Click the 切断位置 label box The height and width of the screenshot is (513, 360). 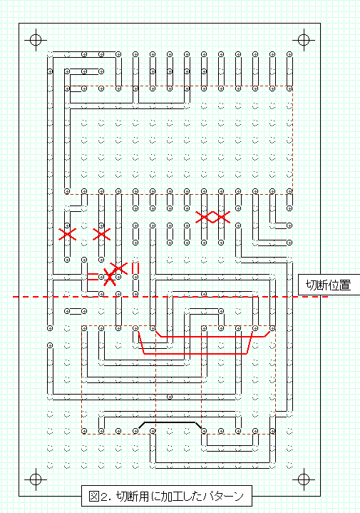[x=329, y=285]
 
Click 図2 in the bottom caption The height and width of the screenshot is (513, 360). [x=98, y=497]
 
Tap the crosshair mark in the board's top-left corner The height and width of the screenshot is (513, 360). [x=36, y=40]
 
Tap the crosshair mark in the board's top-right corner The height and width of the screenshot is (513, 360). [x=304, y=40]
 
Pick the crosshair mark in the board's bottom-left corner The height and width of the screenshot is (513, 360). [x=36, y=479]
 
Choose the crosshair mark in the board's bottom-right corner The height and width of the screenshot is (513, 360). [x=304, y=479]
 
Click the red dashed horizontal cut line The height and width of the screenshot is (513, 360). [x=170, y=297]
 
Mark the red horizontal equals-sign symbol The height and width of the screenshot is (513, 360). [x=93, y=277]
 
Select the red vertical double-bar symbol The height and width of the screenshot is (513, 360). [x=135, y=268]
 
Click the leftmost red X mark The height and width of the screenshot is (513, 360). [x=67, y=234]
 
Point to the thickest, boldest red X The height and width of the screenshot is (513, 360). [x=110, y=277]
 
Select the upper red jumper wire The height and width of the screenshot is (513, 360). [x=213, y=336]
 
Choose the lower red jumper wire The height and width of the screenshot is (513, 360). [x=195, y=354]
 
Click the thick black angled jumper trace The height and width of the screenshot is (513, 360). [x=170, y=422]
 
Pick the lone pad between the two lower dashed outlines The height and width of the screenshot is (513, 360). [x=170, y=397]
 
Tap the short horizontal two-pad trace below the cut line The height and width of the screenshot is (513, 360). [x=76, y=311]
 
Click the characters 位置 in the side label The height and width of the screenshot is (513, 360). [x=340, y=285]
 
